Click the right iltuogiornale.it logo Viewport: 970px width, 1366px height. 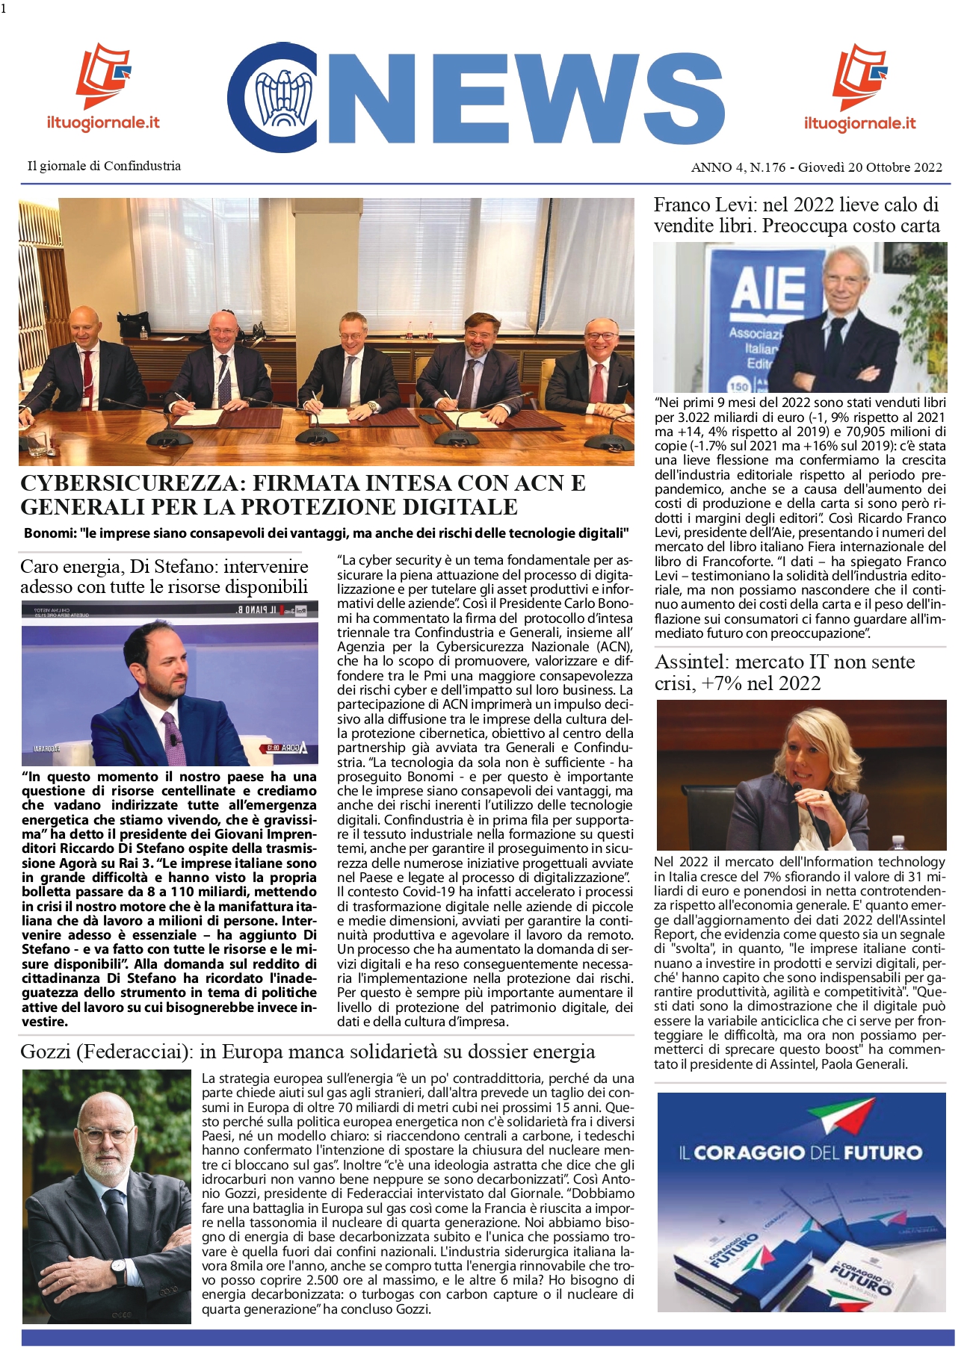(x=859, y=87)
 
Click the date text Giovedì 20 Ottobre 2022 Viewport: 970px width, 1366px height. (x=870, y=167)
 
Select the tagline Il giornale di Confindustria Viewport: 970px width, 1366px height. (x=104, y=166)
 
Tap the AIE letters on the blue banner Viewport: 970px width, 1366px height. (x=767, y=289)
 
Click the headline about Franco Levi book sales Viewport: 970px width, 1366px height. (x=797, y=215)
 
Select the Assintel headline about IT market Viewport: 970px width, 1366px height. (x=785, y=672)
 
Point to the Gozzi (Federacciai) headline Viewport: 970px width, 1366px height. (x=307, y=1052)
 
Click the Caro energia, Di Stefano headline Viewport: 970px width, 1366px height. (x=164, y=576)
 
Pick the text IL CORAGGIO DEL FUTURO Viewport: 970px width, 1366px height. (x=800, y=1152)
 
